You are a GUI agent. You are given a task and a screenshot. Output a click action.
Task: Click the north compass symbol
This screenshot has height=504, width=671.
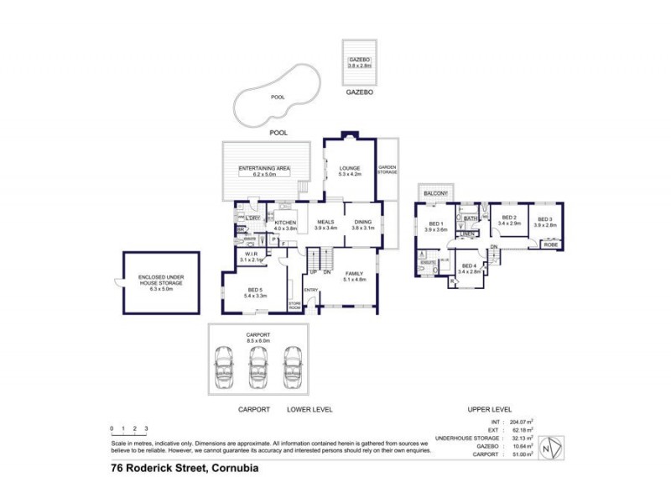[550, 447]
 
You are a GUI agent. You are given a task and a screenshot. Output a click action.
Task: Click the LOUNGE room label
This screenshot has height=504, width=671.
[349, 170]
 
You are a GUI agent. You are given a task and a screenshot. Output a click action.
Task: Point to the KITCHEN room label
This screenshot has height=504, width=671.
[286, 223]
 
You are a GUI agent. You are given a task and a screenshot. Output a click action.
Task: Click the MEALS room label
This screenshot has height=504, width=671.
[325, 223]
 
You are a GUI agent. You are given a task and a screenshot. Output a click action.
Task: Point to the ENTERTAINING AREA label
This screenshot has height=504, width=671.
[264, 171]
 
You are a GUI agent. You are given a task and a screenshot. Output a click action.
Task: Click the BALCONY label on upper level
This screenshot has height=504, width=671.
[435, 194]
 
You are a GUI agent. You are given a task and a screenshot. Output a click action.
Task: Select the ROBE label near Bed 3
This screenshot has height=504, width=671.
[550, 244]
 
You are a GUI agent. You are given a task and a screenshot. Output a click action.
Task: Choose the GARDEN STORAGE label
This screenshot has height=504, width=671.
[387, 169]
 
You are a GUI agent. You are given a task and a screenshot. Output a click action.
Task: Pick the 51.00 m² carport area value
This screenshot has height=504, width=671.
[522, 454]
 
